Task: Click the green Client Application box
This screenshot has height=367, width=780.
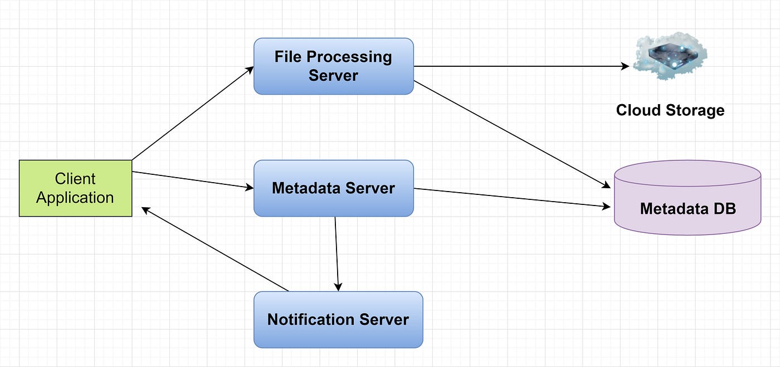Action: tap(75, 188)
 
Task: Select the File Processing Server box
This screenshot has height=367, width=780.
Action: tap(333, 66)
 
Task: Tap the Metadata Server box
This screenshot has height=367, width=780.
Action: tap(333, 188)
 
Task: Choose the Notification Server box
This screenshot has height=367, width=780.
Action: tap(338, 320)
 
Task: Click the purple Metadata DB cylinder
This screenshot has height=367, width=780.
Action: tap(687, 198)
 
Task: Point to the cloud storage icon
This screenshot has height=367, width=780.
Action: tap(671, 56)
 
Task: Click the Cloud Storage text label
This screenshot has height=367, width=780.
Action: tap(670, 110)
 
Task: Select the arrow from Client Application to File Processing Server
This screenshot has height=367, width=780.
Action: tap(193, 114)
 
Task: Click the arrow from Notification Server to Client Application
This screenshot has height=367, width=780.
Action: tap(214, 249)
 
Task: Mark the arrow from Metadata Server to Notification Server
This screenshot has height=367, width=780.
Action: tap(337, 253)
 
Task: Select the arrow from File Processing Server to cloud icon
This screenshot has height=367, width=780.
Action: tap(521, 66)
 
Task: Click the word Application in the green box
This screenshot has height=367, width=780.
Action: tap(75, 198)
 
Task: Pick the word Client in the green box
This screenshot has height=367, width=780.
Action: tap(75, 179)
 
